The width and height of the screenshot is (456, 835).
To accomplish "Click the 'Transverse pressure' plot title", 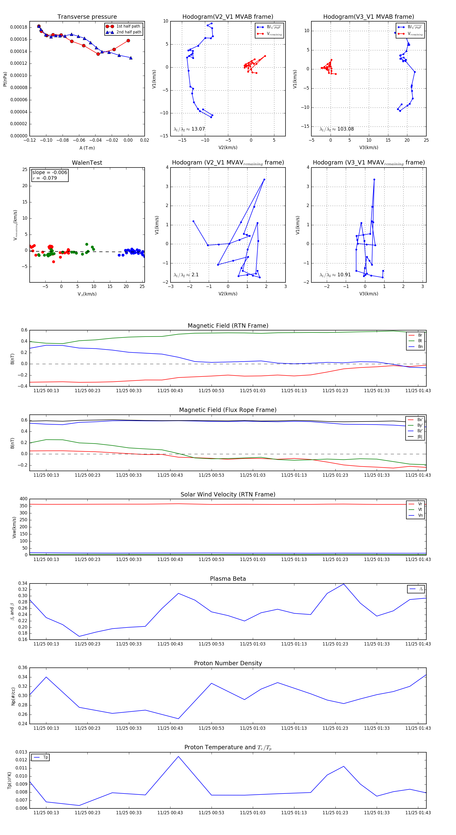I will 87,17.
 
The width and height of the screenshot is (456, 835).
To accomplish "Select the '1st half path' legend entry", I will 128,26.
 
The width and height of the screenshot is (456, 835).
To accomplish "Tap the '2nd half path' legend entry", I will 128,32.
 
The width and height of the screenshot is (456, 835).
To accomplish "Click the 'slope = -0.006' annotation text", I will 50,173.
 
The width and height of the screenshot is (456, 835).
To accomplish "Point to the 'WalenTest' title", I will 87,163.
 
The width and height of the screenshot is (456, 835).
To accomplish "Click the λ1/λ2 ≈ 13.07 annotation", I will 189,129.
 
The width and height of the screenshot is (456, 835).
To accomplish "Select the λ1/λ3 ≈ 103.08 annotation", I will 337,129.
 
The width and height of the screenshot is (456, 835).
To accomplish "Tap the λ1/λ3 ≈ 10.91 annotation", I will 335,275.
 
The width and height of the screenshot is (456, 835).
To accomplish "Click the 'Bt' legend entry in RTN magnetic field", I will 420,341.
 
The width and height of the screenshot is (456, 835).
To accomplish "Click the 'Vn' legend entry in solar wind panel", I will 420,515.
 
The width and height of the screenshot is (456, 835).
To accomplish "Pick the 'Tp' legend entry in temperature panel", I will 45,758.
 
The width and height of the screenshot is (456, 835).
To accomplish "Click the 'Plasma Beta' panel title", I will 228,579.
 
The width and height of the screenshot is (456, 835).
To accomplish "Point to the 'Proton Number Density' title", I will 228,663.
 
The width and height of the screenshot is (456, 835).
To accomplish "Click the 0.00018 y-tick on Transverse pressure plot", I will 18,27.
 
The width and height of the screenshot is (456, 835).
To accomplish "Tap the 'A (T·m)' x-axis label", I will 87,148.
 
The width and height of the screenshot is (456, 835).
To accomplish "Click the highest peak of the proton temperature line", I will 178,757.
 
